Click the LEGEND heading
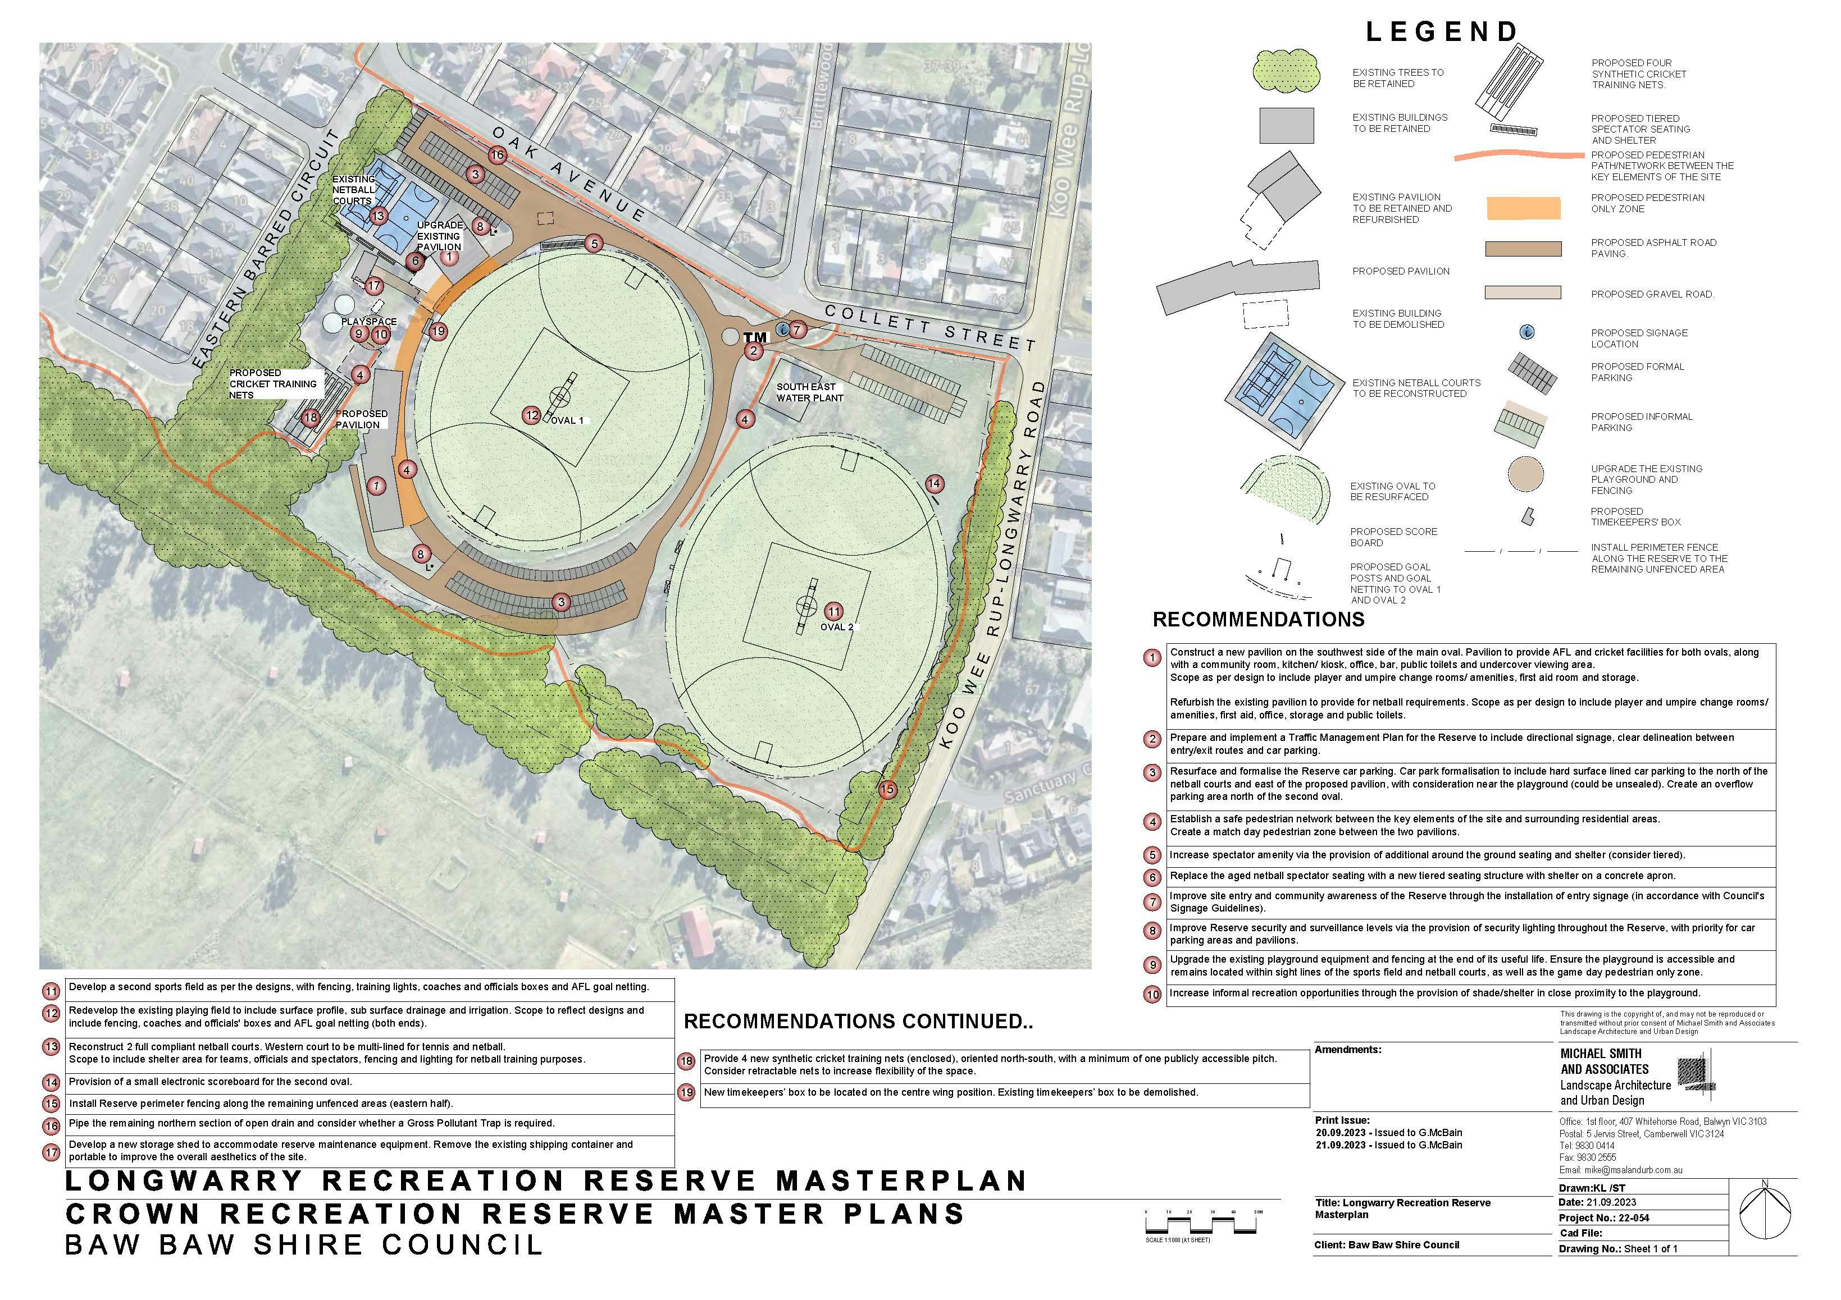1441,31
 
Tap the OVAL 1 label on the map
567,420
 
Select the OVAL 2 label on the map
836,627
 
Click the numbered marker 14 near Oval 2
934,483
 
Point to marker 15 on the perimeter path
886,789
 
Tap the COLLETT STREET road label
930,328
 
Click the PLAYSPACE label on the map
369,322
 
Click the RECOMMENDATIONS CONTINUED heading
858,1022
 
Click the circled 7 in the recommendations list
1152,901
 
